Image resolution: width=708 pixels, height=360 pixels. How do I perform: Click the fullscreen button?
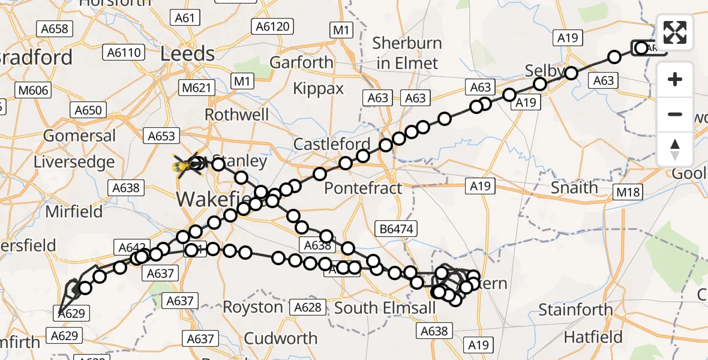point(675,32)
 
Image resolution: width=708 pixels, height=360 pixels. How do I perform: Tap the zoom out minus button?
point(675,114)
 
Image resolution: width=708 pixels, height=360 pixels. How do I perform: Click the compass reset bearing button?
point(675,149)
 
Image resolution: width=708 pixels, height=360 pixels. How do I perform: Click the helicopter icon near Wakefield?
point(186,164)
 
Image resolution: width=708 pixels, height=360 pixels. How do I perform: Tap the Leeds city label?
point(187,54)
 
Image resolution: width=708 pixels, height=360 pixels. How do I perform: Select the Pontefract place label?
point(363,188)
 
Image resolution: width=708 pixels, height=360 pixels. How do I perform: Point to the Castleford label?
point(332,145)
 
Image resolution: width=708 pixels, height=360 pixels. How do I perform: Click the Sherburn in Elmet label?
point(407,53)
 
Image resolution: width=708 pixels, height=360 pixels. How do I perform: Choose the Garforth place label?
point(301,62)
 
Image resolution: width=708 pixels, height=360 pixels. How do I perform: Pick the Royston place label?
point(253,307)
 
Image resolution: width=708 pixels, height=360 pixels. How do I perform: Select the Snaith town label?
point(574,188)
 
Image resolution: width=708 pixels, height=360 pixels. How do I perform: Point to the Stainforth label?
point(575,310)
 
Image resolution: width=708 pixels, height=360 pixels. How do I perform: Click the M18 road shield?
point(628,193)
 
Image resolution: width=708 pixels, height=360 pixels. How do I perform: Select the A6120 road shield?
point(272,26)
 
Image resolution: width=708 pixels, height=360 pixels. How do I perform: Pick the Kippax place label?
point(319,89)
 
